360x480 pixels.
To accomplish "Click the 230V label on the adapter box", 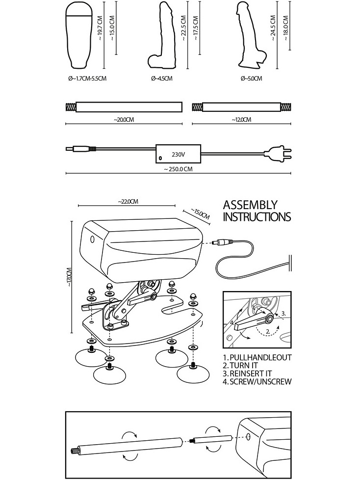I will pos(178,154).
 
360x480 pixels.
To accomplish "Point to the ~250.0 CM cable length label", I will pos(178,169).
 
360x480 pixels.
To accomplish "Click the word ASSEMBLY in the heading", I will pos(250,205).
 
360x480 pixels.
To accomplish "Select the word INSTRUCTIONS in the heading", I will pos(257,217).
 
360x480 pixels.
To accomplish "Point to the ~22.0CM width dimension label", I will pos(128,201).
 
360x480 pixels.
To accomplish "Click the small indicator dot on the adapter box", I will pos(160,158).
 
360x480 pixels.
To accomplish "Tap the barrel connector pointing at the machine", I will pos(221,242).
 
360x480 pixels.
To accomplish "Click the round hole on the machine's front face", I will pos(93,240).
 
